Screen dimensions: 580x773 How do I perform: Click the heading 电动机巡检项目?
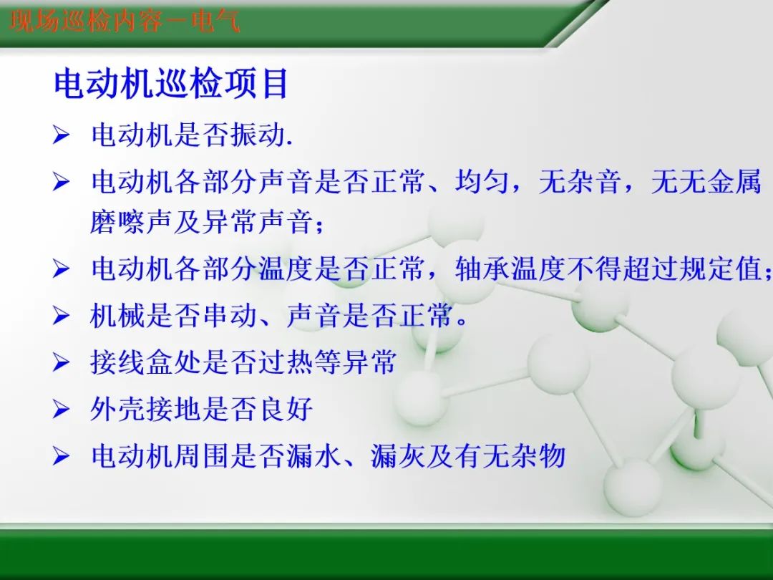click(171, 84)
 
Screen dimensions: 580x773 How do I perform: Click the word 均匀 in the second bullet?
click(482, 182)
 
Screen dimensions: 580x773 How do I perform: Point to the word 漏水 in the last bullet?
click(314, 455)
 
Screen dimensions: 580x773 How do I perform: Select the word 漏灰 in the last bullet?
click(398, 455)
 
